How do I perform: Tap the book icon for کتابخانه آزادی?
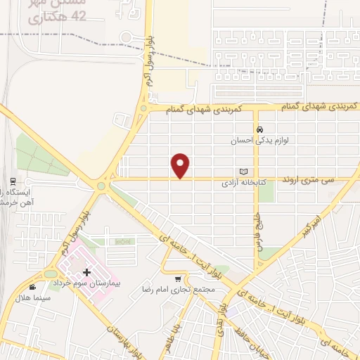[244, 172]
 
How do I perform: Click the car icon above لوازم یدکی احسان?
[260, 130]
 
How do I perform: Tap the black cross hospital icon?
[86, 272]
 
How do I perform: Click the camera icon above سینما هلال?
[32, 287]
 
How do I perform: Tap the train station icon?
[12, 179]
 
